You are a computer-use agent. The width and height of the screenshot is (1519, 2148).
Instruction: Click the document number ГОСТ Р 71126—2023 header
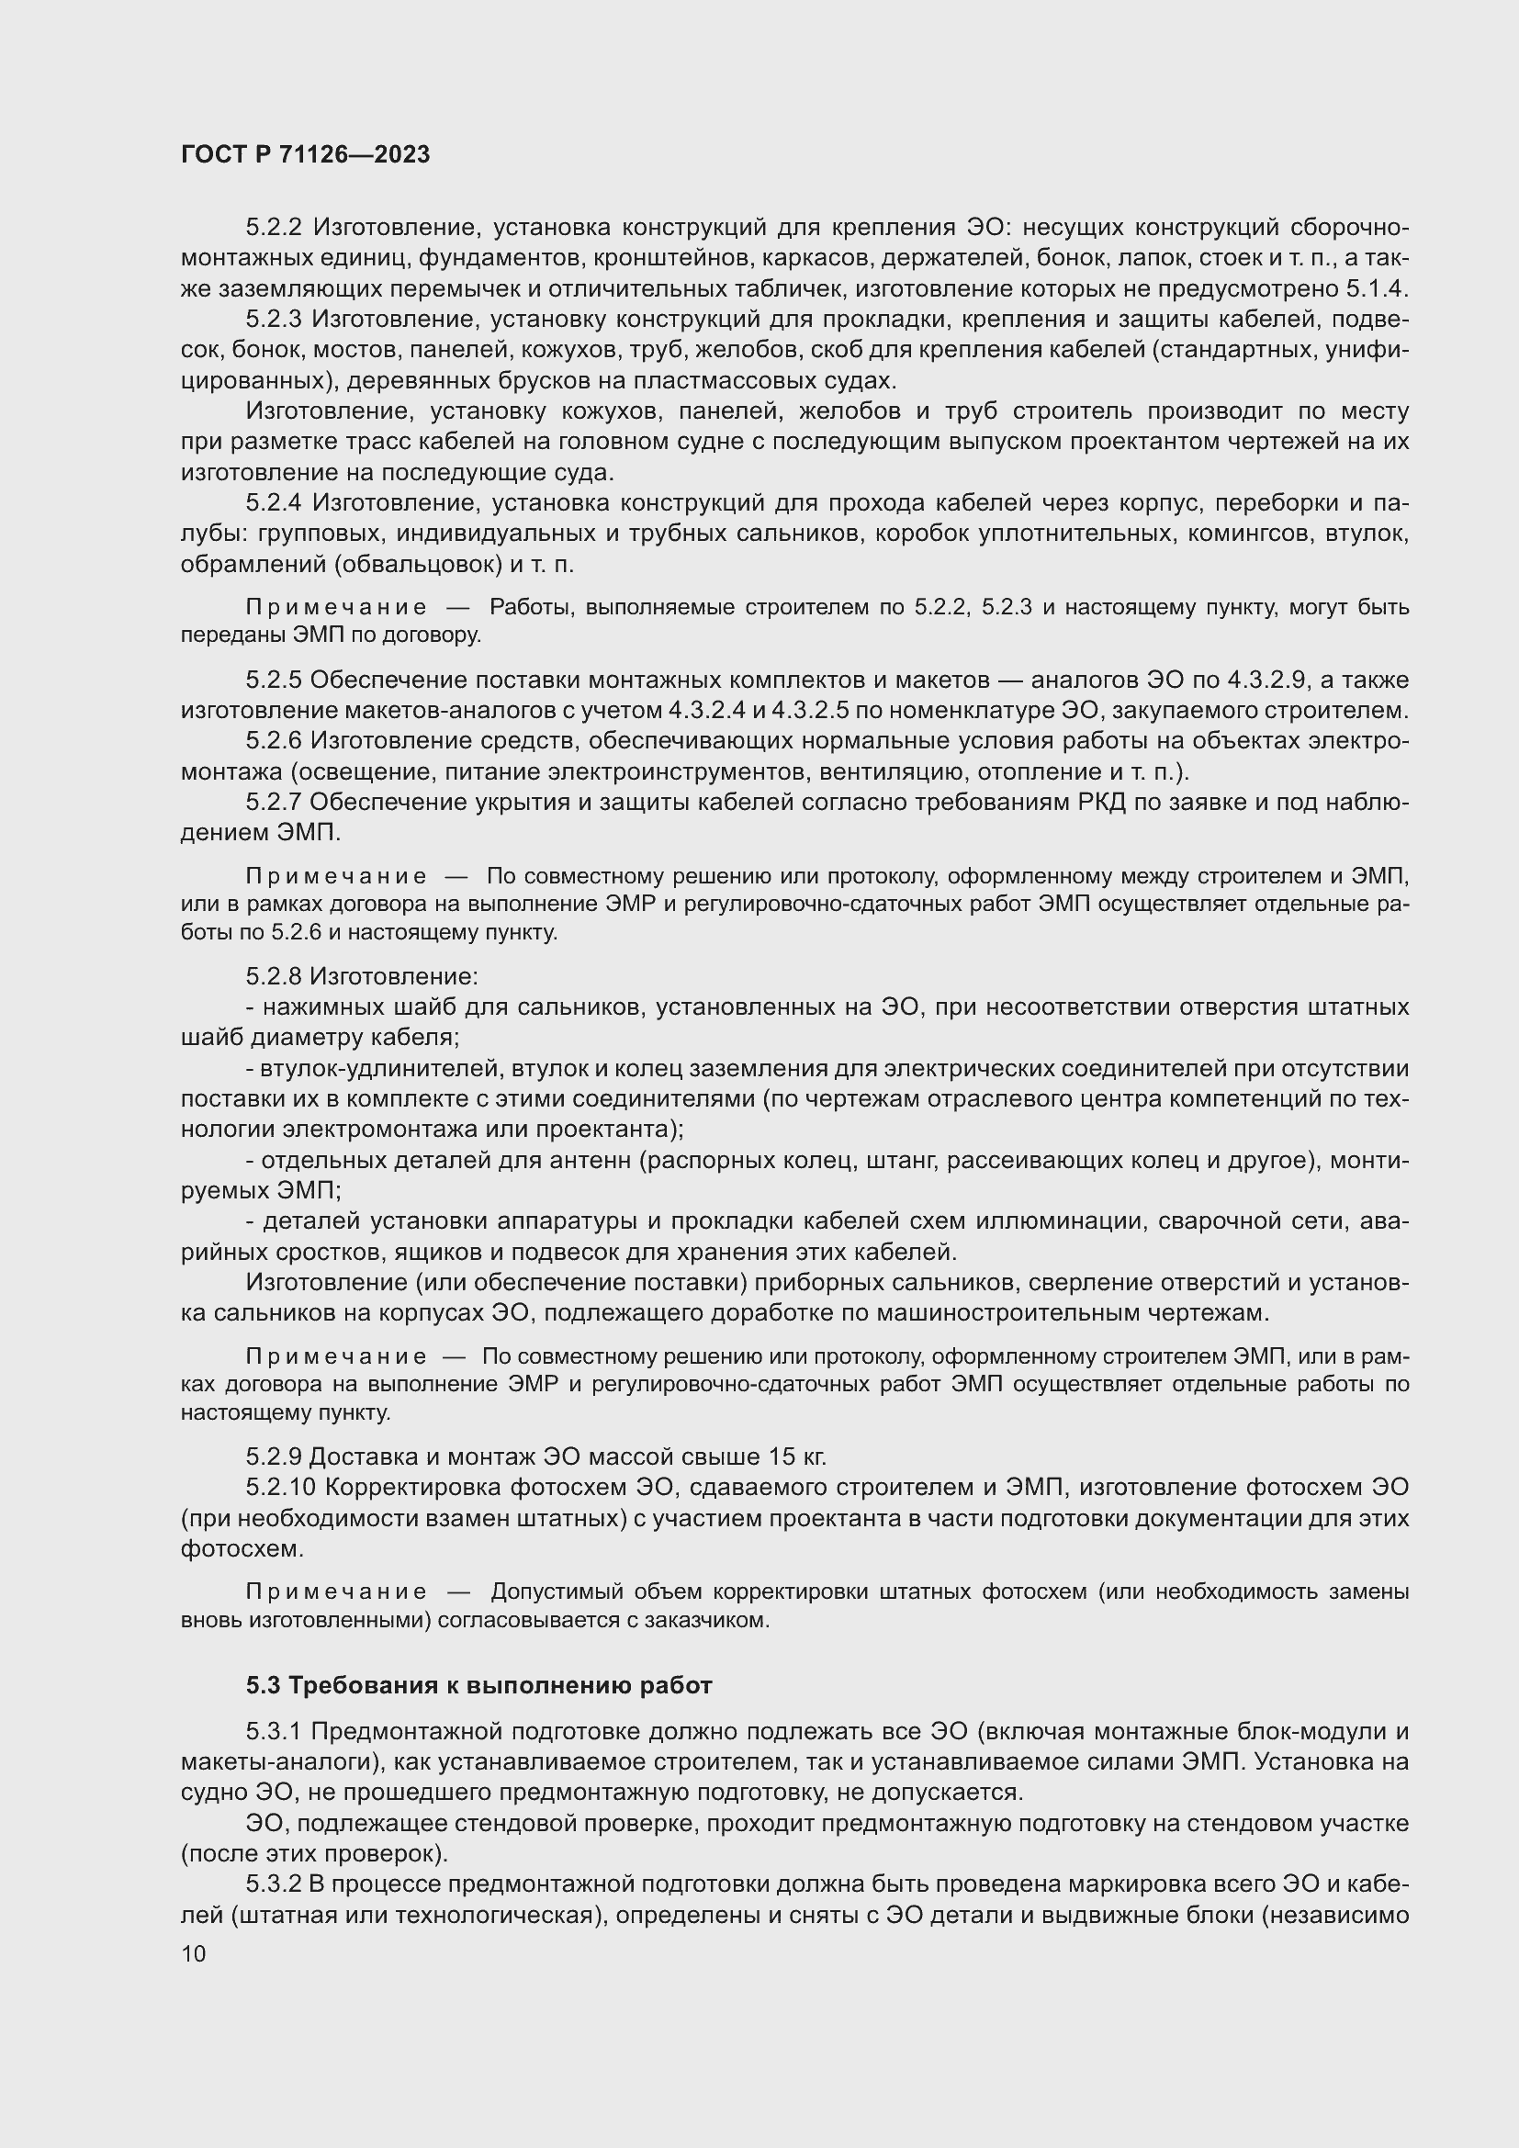[x=305, y=154]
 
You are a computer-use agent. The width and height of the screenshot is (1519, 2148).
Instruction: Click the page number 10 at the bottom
[x=194, y=1953]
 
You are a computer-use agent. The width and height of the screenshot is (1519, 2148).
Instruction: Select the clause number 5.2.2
[x=273, y=228]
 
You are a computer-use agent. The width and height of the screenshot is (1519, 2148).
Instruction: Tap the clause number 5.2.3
[x=273, y=319]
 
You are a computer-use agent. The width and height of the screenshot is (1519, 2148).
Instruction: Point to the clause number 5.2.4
[x=273, y=503]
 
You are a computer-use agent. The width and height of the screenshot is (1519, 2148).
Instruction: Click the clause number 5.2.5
[x=273, y=680]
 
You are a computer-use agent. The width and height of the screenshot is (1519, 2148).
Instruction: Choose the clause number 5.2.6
[x=273, y=741]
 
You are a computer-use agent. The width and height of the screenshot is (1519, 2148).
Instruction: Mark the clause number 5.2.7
[x=273, y=802]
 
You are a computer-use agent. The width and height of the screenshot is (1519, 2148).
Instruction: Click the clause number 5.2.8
[x=273, y=977]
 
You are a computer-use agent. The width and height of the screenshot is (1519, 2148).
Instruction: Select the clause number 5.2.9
[x=273, y=1456]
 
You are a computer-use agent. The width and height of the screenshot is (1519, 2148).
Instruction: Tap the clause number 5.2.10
[x=281, y=1488]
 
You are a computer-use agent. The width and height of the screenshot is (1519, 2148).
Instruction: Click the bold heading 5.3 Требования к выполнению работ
[x=478, y=1685]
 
